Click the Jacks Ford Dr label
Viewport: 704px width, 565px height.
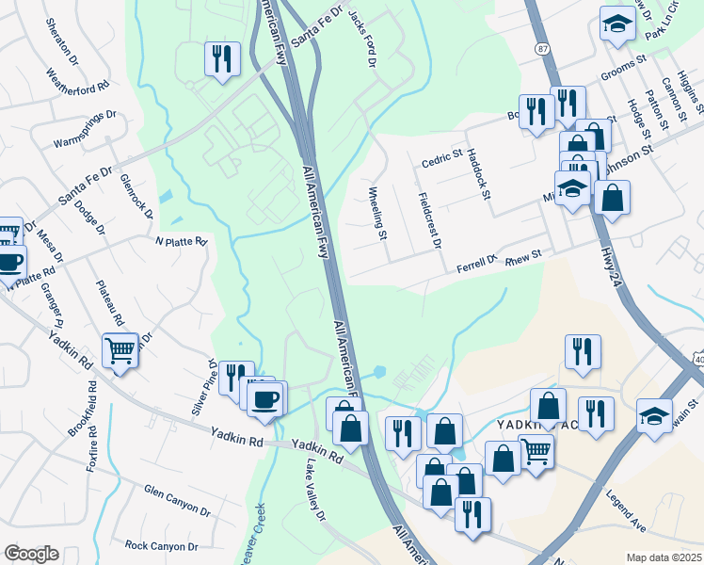coord(361,39)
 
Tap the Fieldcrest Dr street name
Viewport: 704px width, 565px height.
coord(428,220)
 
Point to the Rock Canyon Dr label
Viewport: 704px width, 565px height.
coord(162,546)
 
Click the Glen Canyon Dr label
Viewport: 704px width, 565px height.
coord(177,502)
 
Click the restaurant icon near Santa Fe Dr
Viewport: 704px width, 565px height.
coord(222,58)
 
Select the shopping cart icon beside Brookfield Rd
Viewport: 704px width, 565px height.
coord(120,351)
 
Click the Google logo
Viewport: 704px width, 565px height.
coord(31,554)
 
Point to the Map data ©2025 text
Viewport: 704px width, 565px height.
coord(664,557)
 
